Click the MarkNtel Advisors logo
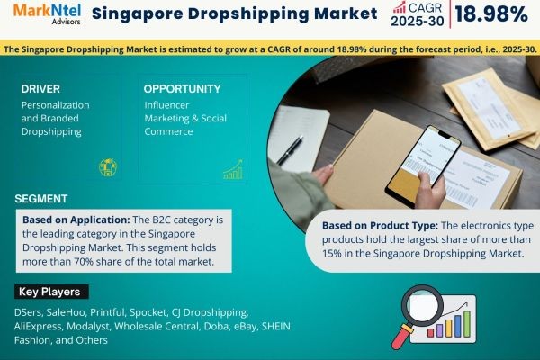[47, 13]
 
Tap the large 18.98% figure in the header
[491, 14]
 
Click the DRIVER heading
[40, 89]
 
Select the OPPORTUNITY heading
[182, 89]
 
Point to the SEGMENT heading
[41, 199]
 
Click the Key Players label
[49, 292]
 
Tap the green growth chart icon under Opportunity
[233, 169]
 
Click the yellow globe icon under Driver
[108, 167]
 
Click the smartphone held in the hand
[423, 166]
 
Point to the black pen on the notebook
[291, 149]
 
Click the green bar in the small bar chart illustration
[467, 324]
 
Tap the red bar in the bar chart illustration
[430, 332]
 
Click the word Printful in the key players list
[107, 312]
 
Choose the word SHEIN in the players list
[276, 326]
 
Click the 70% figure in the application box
[84, 262]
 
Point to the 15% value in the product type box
[332, 254]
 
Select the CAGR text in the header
[425, 7]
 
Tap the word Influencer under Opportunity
[166, 105]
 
